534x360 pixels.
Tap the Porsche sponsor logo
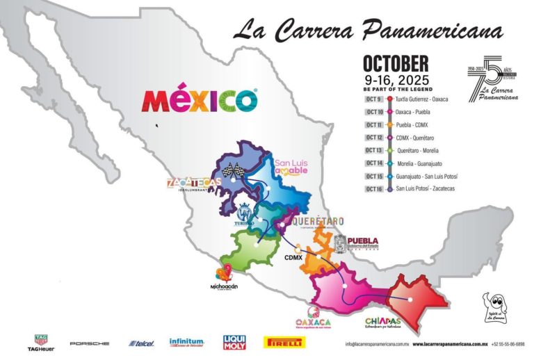pos(89,343)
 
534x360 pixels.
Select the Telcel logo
pos(140,343)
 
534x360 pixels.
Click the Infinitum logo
pos(186,343)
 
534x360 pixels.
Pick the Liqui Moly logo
pos(234,342)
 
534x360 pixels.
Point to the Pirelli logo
pos(284,342)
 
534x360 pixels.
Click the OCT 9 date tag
pos(373,99)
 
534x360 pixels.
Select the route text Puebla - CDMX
pos(413,124)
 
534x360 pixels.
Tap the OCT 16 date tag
pos(373,188)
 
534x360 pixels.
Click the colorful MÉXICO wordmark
pos(200,101)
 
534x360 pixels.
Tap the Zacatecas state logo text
pos(194,183)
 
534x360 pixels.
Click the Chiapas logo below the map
pos(383,322)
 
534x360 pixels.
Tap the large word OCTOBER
pos(395,65)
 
